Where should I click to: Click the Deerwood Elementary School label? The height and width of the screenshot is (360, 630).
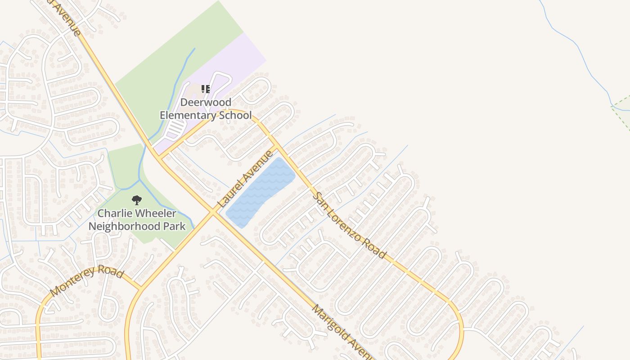click(206, 109)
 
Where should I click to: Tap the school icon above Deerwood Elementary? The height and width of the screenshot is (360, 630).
click(205, 89)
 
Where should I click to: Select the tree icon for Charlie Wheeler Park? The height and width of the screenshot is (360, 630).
click(136, 200)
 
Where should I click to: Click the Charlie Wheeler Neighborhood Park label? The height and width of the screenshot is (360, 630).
click(137, 220)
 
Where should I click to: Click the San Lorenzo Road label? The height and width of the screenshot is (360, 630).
click(350, 225)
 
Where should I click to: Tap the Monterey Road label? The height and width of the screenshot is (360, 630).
click(86, 281)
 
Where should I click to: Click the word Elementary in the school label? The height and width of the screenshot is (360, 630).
click(188, 115)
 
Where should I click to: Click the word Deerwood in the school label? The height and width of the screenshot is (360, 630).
click(206, 103)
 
